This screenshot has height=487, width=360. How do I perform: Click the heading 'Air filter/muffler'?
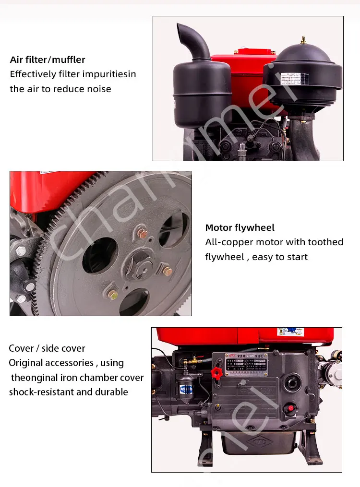48,60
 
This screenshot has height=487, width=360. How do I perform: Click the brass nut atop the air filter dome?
303,40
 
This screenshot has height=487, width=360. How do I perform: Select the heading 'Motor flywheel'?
240,228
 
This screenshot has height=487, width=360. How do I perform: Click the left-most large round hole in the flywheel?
100,255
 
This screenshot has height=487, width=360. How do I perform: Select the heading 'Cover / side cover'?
47,348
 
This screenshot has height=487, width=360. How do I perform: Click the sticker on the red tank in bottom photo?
290,332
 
